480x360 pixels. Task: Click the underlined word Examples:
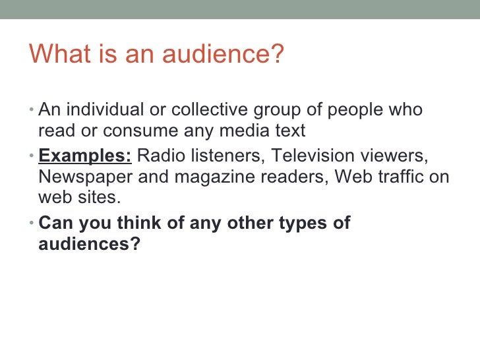click(85, 157)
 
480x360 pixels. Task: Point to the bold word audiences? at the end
click(89, 245)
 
